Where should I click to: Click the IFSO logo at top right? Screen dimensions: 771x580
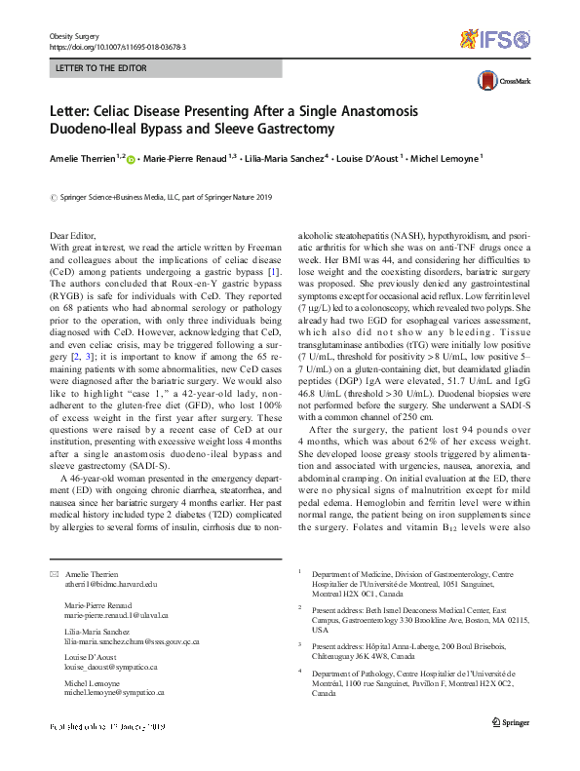(x=495, y=39)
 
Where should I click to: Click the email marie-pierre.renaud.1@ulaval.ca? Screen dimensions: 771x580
(x=116, y=616)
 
